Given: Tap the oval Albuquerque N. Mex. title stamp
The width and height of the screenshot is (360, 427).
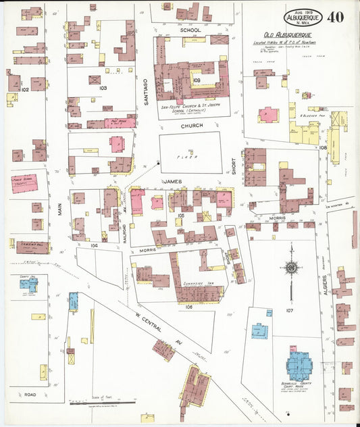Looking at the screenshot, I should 303,17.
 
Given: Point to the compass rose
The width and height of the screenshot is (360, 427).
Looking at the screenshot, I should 291,268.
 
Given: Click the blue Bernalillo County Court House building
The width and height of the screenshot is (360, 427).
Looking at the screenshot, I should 299,366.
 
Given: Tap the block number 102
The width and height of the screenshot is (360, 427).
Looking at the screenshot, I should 25,89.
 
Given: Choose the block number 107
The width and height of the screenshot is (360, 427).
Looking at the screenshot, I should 290,311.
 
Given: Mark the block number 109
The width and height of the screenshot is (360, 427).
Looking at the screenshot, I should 196,80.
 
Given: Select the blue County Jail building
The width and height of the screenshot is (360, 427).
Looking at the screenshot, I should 28,284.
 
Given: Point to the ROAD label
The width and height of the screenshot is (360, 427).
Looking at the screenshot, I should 30,394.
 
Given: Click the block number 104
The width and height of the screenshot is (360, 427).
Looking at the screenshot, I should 95,246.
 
